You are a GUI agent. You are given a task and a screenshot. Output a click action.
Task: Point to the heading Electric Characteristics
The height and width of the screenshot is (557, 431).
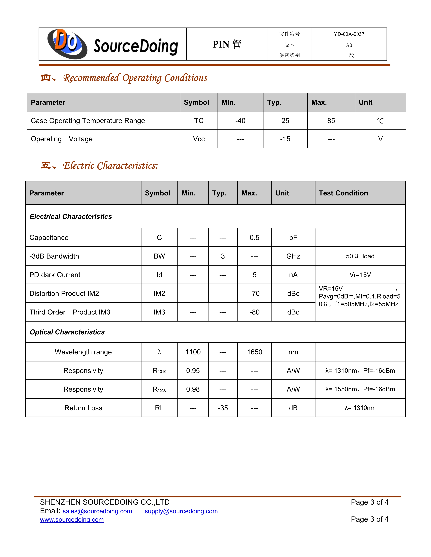[110, 166]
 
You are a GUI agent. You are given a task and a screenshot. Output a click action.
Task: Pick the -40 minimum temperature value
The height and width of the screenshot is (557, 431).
[240, 121]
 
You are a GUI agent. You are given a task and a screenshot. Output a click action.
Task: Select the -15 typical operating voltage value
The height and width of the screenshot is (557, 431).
[285, 139]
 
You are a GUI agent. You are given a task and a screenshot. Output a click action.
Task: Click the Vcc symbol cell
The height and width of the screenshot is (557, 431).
[199, 139]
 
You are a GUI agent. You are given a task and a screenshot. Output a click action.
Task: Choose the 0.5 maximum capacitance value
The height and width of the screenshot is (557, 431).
[254, 238]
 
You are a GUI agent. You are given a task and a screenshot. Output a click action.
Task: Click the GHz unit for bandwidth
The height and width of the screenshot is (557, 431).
[293, 256]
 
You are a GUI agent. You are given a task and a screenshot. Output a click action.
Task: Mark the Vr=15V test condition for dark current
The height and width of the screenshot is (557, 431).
[360, 275]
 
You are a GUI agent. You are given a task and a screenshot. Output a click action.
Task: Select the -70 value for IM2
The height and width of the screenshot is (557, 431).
[254, 294]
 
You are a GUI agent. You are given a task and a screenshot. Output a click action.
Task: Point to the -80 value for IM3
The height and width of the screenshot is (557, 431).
[254, 312]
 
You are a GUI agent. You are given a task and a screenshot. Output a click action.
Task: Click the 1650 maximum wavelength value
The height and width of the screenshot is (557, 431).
[254, 352]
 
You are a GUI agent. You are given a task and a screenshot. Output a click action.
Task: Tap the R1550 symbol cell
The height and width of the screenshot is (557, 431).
[159, 389]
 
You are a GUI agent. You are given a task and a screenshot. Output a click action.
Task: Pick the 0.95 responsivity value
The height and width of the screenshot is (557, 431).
[193, 371]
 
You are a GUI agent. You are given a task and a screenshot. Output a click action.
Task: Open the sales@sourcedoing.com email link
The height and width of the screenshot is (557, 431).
[97, 511]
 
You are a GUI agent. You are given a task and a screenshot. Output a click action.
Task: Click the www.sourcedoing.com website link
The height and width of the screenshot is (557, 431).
[72, 520]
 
